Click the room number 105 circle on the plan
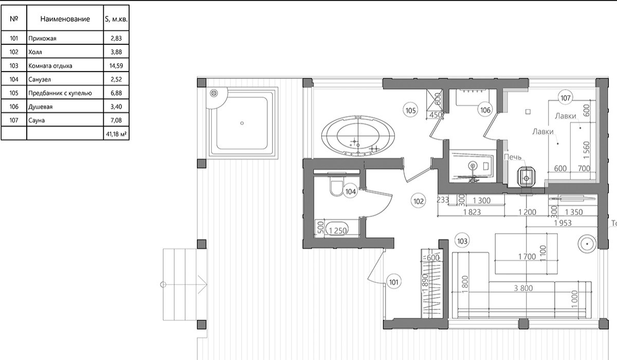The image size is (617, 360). pos(410,111)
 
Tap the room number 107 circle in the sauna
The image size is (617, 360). pos(566,98)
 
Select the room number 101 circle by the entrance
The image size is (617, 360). pos(394,282)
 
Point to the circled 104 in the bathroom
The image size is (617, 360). pos(350,191)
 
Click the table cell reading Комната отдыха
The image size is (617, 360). pos(50,66)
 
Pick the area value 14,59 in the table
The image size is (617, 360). pos(116,66)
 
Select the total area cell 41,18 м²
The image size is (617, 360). pos(116,134)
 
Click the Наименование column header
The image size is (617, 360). pos(65,19)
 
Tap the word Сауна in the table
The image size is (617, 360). pos(37,120)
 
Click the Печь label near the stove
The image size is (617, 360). pos(513,157)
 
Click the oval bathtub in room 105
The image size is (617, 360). pos(358,136)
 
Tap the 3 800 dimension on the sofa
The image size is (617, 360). pos(523,288)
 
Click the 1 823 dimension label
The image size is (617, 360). pos(472,212)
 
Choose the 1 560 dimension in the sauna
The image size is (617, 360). pos(587,150)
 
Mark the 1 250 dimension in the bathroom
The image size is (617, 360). pos(338,230)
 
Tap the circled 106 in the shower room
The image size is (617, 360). pos(485,110)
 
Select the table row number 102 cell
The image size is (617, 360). pos(14,52)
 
